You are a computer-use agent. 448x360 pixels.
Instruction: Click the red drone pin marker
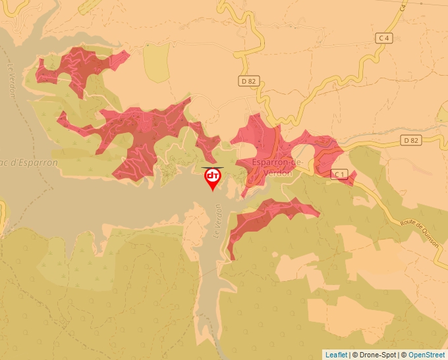click(213, 178)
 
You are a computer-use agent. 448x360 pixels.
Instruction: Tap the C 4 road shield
click(384, 38)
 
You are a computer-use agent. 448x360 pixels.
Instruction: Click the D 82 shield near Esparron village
click(247, 80)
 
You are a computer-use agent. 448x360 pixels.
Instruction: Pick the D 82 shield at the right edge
click(410, 140)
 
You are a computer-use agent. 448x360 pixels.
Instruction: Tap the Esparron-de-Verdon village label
click(277, 167)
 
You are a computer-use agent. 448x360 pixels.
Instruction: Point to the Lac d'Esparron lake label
click(30, 163)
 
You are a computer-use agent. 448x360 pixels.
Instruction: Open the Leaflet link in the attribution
click(336, 355)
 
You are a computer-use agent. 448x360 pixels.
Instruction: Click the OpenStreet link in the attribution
click(426, 355)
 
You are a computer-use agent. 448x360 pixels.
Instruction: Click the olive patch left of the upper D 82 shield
click(157, 63)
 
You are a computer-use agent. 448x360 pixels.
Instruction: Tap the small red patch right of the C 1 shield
click(352, 177)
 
